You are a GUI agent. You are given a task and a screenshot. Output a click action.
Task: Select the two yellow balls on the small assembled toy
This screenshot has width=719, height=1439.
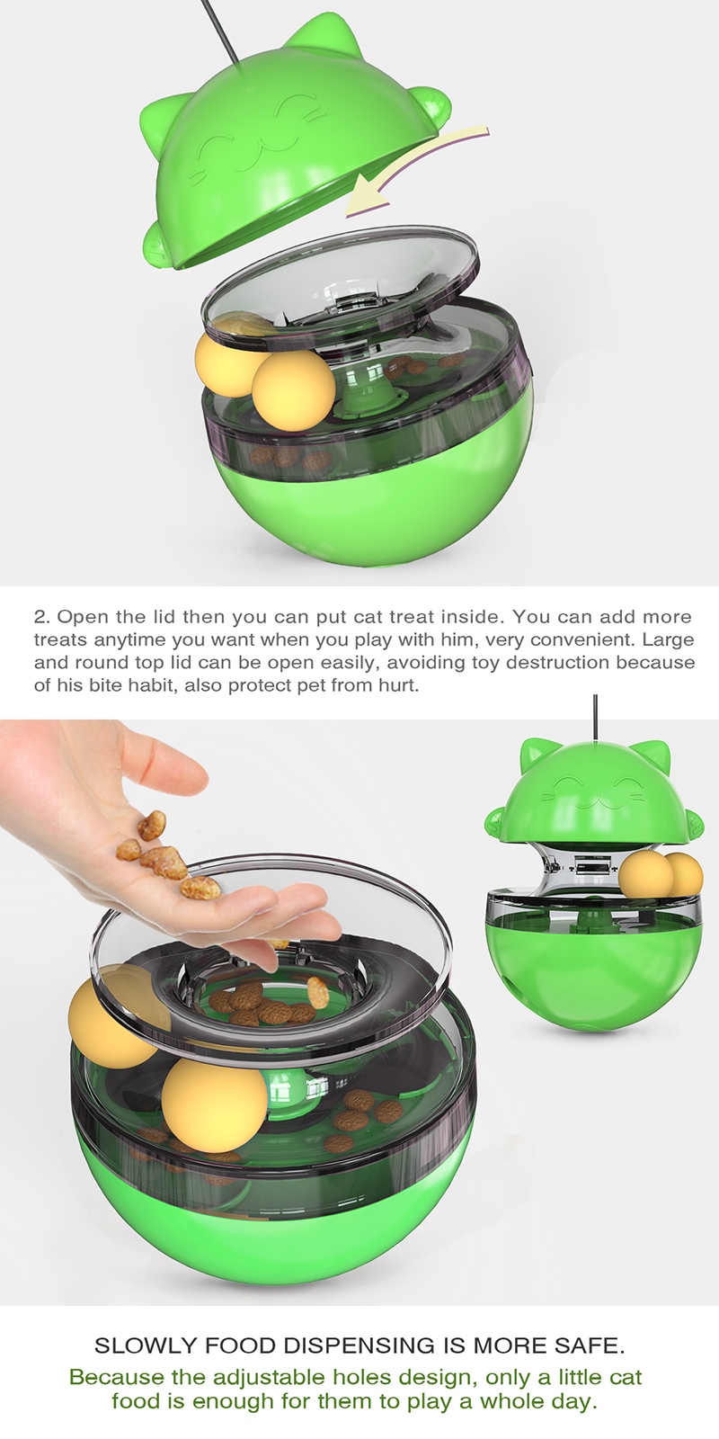[661, 874]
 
